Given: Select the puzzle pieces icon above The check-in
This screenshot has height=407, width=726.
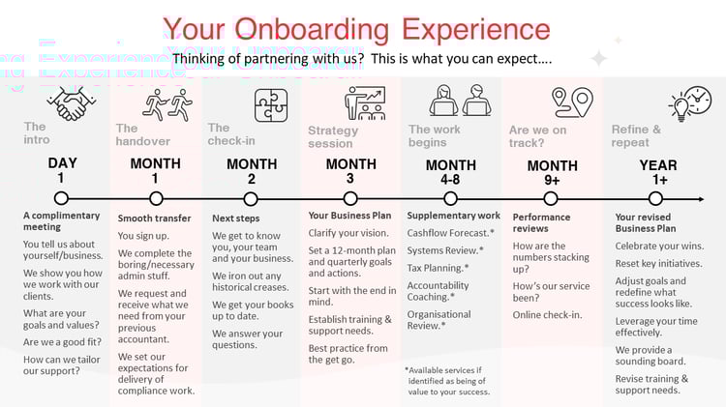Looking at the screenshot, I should click(270, 104).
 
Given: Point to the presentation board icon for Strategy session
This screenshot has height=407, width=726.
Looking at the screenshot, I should click(364, 102).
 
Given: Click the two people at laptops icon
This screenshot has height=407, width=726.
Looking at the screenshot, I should click(460, 100).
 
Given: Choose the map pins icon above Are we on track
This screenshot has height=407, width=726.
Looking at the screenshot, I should click(571, 102).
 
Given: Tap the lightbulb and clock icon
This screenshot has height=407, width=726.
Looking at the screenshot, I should click(689, 102).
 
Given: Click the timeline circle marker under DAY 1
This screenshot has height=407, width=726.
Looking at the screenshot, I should click(61, 198).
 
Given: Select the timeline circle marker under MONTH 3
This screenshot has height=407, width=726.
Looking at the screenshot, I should click(350, 198).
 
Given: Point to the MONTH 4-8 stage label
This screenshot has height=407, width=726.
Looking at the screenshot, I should click(450, 171).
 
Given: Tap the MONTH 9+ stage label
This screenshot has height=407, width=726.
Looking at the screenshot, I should click(552, 172).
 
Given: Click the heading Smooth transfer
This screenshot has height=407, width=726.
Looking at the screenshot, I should click(154, 218).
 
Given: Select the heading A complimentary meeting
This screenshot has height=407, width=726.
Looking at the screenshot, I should click(61, 220).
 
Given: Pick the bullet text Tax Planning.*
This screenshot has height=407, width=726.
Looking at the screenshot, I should click(438, 268).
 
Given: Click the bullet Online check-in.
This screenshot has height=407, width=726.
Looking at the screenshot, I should click(548, 314).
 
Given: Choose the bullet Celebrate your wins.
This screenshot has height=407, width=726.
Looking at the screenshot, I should click(659, 246).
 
